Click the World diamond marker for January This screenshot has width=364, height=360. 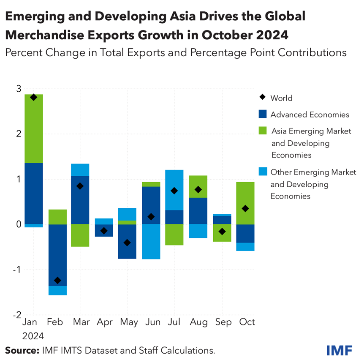point(33,97)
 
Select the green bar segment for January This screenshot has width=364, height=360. point(33,128)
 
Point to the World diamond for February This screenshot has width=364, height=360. point(57,280)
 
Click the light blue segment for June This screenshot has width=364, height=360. point(151,241)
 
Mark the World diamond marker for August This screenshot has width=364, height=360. point(198,189)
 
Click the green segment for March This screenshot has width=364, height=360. point(80,235)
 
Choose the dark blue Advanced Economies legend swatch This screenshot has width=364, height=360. point(263,114)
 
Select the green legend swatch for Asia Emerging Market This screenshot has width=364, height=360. point(263,131)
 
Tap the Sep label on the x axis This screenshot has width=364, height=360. point(223,322)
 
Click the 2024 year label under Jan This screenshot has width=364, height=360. point(33,336)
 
